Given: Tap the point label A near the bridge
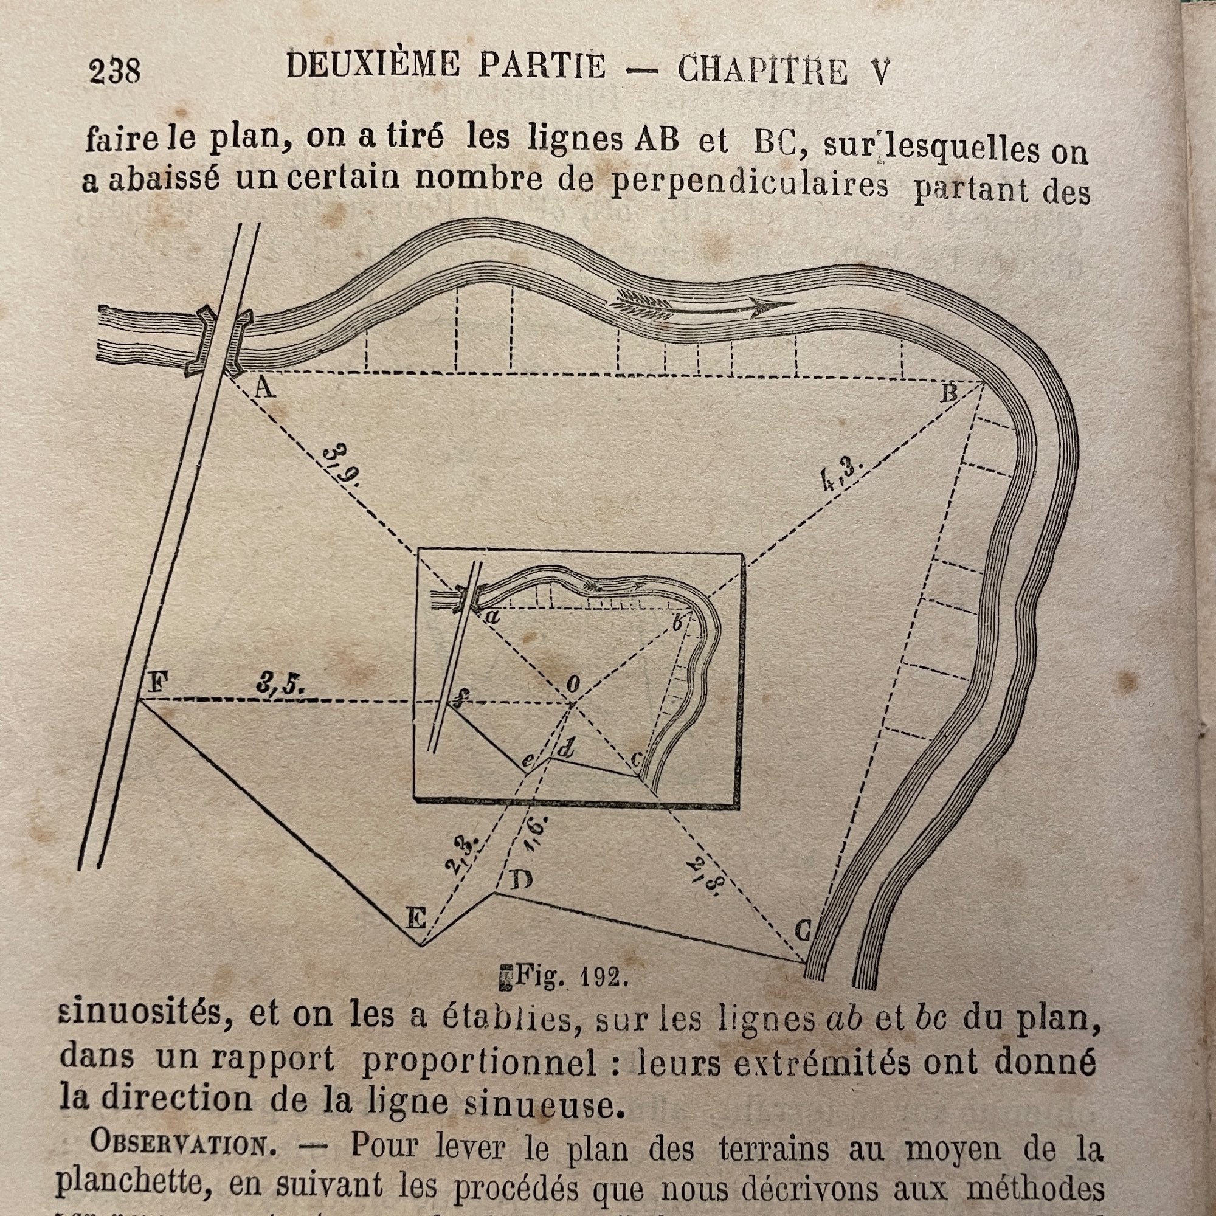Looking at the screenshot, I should coord(264,392).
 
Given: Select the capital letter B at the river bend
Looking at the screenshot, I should coord(949,394).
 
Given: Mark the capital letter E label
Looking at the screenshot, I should coord(415,920).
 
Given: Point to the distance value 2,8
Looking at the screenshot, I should coord(706,874).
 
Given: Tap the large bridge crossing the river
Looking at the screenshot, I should coord(218,342).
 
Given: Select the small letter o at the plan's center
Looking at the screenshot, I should coord(573,685).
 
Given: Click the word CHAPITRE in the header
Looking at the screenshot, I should coord(763,70).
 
